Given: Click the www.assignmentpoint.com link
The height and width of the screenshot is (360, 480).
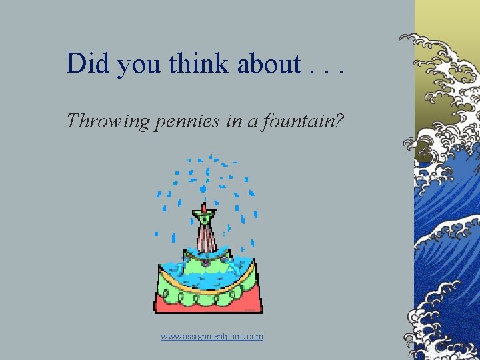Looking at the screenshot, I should pos(212,337).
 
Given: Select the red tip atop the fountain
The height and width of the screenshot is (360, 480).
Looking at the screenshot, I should pos(204,208).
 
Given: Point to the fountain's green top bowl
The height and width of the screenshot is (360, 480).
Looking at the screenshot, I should pos(204,216).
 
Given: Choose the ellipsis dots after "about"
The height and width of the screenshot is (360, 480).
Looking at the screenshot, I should pos(326,69).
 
